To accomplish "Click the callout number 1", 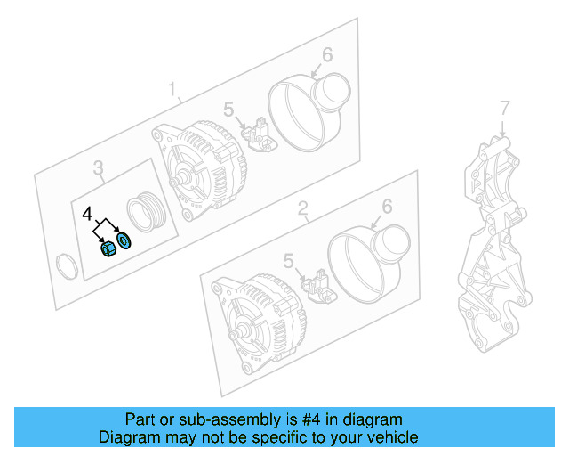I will coord(174,89).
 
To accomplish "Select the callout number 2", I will coord(302,209).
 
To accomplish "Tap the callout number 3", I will coord(99,167).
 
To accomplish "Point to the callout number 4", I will coord(87,215).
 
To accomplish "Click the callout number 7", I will coord(504,108).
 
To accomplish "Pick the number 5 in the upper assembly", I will coord(228,110).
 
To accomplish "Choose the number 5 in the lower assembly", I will coord(288,260).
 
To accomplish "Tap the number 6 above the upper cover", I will coord(326,55).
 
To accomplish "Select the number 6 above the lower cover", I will coord(386,207).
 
